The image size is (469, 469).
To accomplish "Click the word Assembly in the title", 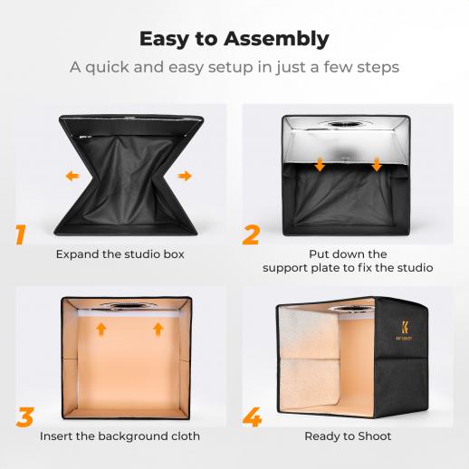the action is [x=276, y=40].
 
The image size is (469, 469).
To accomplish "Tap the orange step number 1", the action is [x=20, y=234].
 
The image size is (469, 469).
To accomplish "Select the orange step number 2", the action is [x=251, y=234].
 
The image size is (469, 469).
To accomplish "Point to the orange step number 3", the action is [x=25, y=416].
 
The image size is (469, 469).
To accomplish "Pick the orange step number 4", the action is [x=252, y=417].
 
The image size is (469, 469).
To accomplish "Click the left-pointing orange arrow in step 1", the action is [x=72, y=176].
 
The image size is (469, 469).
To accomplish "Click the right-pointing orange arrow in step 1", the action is [x=185, y=176].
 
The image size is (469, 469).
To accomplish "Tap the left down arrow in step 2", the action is [x=320, y=165].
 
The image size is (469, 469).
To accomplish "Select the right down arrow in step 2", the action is [x=377, y=165].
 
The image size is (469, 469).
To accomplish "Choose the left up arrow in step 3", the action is [x=101, y=329].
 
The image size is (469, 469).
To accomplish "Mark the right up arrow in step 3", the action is [x=158, y=329].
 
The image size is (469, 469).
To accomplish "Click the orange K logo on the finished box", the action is [x=405, y=327].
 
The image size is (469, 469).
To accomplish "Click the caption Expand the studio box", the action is [x=120, y=254].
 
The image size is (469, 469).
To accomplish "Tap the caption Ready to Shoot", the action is [x=348, y=436].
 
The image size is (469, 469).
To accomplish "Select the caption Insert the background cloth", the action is [x=120, y=436].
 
